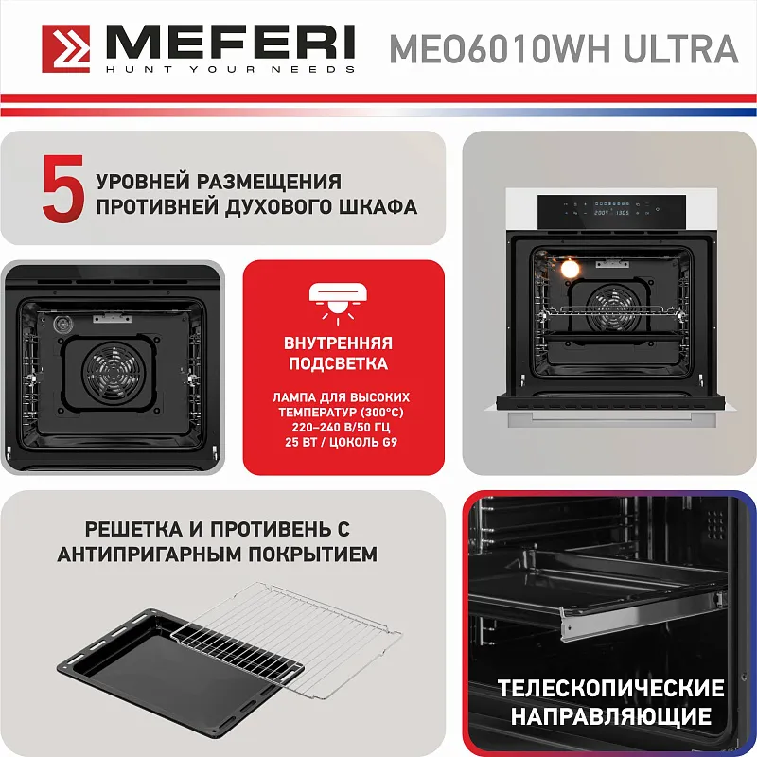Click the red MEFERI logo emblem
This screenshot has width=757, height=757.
(x=66, y=48)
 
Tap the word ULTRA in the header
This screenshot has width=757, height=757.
(x=680, y=48)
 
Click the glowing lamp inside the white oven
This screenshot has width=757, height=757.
(x=570, y=269)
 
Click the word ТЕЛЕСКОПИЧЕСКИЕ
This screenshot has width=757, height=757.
(x=610, y=688)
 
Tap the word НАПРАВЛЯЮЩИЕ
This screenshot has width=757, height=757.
(x=610, y=715)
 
